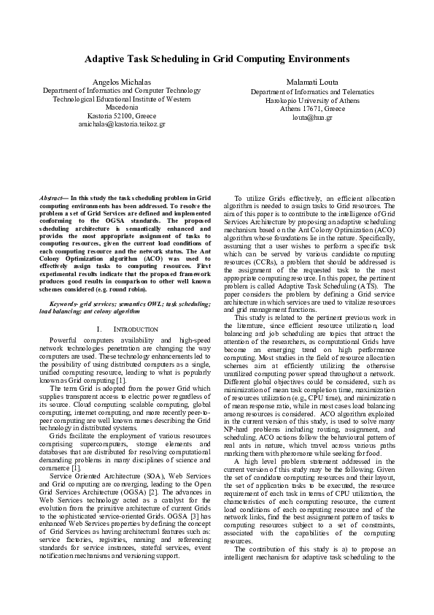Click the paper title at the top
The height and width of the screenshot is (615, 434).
(217, 58)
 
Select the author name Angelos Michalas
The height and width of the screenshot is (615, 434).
(121, 80)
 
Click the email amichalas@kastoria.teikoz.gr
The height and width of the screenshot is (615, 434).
(121, 124)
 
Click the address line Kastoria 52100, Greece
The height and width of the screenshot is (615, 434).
(121, 115)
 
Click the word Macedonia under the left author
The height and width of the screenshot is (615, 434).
(121, 107)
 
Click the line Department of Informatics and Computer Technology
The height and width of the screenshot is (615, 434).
(121, 89)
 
